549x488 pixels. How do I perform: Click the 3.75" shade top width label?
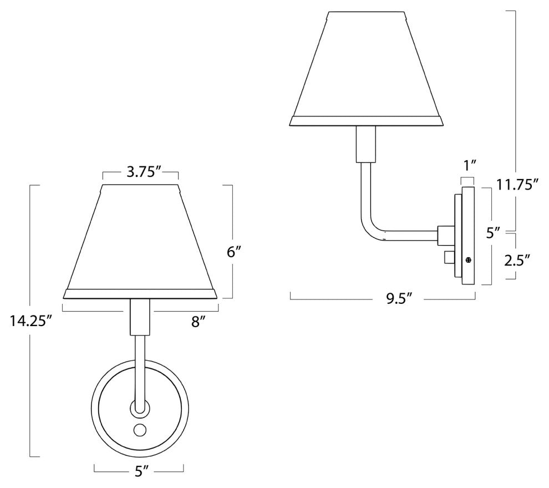coord(140,172)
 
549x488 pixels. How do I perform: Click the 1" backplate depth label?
coord(469,164)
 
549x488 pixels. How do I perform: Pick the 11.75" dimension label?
coord(517,185)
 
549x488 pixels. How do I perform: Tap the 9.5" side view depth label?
coord(398,299)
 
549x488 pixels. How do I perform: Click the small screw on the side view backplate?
coord(469,260)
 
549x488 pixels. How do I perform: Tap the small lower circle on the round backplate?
coord(139,429)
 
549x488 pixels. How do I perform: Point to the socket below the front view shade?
coord(139,317)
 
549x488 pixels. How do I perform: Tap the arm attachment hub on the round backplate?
coord(139,409)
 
